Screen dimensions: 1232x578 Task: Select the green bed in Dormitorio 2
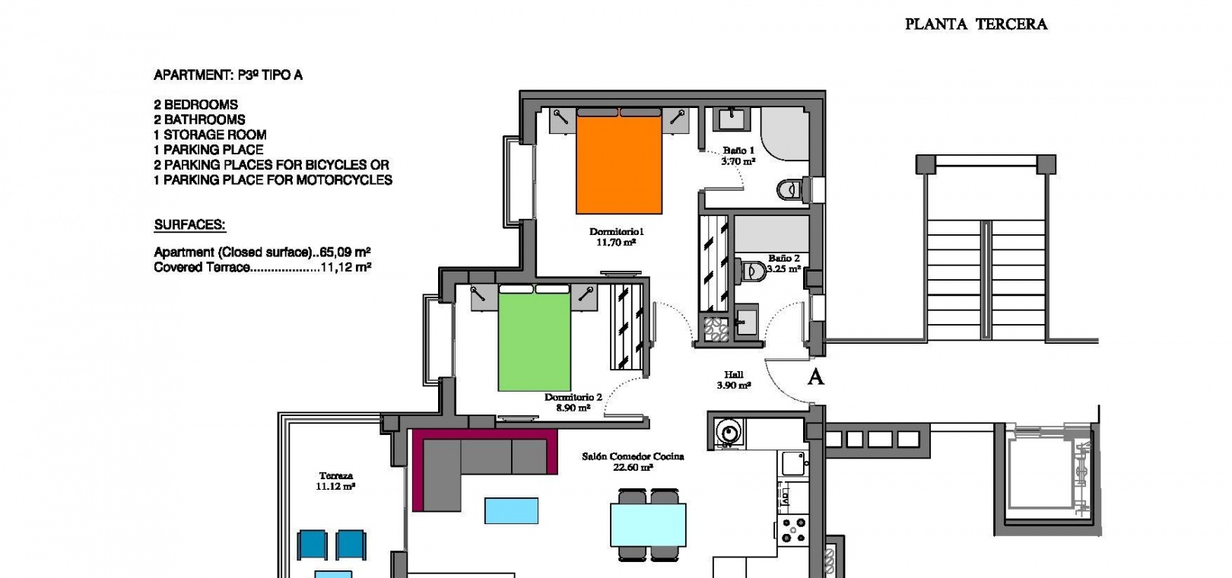(534, 338)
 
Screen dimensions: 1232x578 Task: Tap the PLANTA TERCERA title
(976, 24)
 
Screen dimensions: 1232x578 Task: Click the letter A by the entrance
(815, 377)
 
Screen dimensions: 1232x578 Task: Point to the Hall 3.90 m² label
(734, 380)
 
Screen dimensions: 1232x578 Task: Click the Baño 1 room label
(738, 156)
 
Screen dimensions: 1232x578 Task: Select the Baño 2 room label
(784, 263)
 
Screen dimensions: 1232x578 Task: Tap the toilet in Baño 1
(792, 190)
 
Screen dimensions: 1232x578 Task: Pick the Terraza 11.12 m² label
(335, 481)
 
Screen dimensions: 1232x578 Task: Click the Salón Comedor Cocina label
(633, 462)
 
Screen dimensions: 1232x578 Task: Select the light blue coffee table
(512, 511)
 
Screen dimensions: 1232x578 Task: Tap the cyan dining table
(648, 525)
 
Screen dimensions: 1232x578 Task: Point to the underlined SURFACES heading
(190, 225)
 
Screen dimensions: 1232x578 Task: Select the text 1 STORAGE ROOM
(210, 135)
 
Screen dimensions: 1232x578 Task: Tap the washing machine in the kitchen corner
(729, 432)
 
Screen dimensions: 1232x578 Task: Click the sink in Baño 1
(732, 119)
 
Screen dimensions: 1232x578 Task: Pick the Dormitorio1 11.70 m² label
(616, 237)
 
